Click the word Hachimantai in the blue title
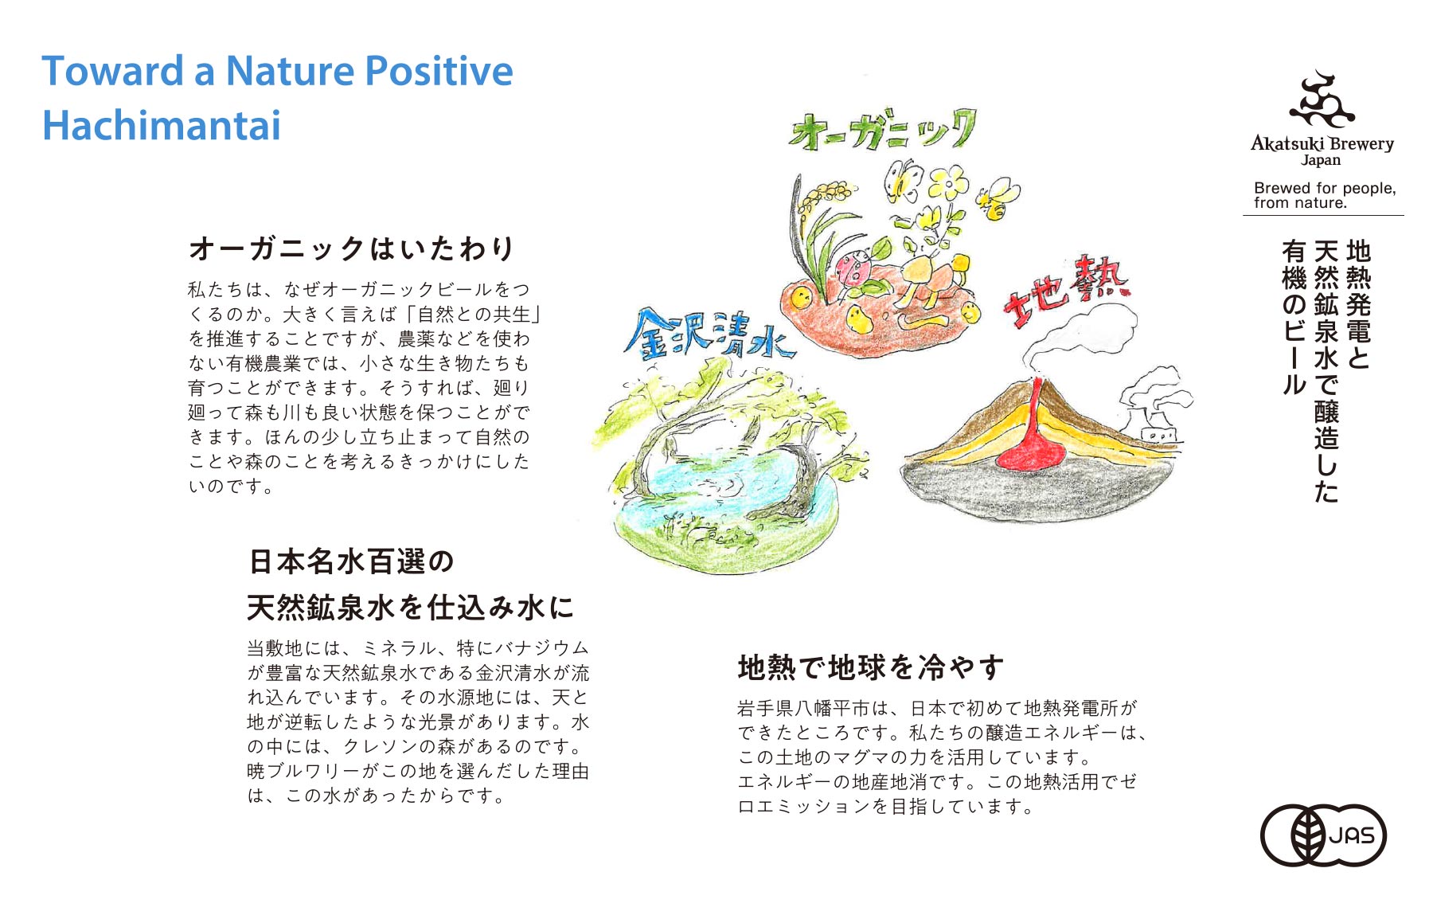click(162, 126)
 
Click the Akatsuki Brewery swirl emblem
click(1322, 101)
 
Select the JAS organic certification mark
click(1323, 835)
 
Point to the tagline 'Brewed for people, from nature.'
click(1324, 195)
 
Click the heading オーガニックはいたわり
click(352, 248)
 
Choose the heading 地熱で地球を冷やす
click(871, 667)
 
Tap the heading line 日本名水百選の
click(351, 561)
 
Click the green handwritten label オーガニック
click(882, 131)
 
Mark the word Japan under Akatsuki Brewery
click(1321, 160)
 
